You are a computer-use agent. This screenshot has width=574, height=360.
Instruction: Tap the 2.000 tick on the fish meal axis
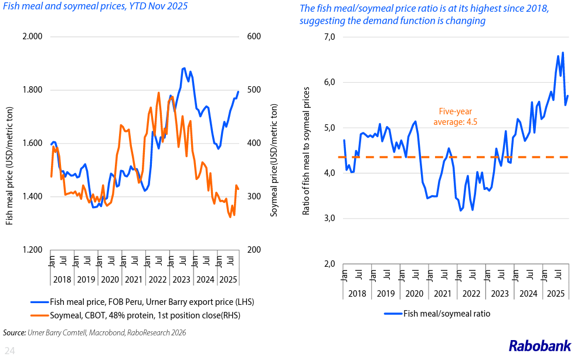(32, 36)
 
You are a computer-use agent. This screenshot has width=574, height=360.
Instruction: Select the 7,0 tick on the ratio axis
(327, 37)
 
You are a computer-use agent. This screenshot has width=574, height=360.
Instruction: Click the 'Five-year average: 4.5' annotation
(456, 116)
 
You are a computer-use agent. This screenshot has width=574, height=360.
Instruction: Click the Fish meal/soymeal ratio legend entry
(446, 314)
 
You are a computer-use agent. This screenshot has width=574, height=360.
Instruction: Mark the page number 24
(10, 351)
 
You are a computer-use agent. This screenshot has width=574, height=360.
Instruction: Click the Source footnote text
(94, 332)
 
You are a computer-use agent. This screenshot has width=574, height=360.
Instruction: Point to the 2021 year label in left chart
(133, 280)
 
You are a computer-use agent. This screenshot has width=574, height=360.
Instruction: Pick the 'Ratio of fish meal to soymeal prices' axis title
(305, 150)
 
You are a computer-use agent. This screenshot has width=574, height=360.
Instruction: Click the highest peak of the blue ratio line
(563, 53)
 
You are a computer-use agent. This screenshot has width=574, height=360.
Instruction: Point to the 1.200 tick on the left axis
(32, 250)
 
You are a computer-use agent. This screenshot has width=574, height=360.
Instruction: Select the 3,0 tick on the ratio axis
(327, 218)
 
